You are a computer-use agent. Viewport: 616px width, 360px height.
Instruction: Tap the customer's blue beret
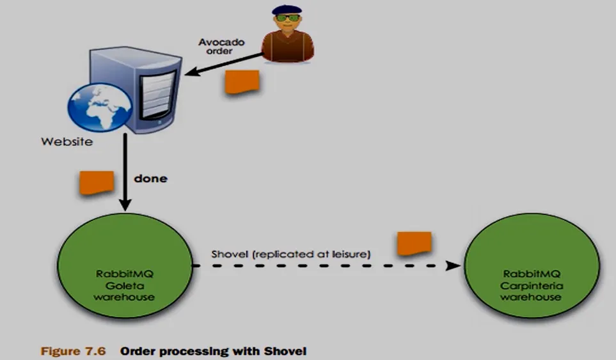tap(287, 9)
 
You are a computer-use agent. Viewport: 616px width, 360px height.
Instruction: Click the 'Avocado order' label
tap(221, 46)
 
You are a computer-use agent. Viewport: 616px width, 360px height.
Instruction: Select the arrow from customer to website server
tap(223, 63)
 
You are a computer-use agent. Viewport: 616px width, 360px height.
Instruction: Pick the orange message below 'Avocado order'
tap(242, 82)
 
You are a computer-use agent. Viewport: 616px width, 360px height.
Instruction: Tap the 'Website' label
tap(67, 142)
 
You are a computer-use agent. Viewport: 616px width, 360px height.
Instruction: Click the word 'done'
tap(150, 178)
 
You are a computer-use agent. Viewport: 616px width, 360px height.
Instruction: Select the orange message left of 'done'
tap(97, 182)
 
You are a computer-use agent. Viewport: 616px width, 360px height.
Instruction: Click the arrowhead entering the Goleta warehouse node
tap(125, 205)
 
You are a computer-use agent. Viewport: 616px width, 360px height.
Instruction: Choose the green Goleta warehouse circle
tap(125, 265)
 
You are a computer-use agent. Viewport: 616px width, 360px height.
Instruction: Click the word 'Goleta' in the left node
tap(125, 285)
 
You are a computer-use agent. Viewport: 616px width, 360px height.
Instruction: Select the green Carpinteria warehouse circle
tap(532, 265)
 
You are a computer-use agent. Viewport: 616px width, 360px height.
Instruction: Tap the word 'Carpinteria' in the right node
tap(531, 285)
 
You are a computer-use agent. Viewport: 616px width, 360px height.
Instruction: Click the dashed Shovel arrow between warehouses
tap(326, 266)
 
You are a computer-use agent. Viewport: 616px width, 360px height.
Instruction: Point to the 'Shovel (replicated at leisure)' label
tap(290, 254)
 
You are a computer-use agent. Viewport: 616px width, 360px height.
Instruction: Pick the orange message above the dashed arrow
tap(414, 244)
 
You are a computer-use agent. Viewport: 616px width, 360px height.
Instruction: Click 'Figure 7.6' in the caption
tap(73, 351)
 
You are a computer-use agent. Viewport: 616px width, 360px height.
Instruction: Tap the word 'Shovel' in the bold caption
tap(285, 351)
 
